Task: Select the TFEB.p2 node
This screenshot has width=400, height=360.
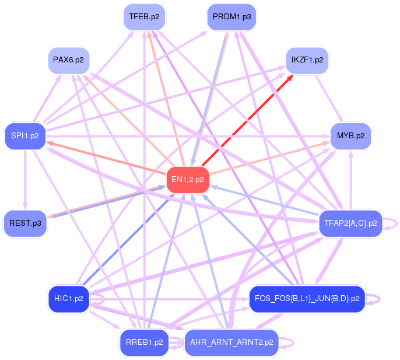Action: (x=144, y=17)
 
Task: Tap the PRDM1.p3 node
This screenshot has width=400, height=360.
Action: (x=231, y=17)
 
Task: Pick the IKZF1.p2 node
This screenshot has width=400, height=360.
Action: (x=307, y=60)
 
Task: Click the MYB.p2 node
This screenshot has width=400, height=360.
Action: (x=350, y=136)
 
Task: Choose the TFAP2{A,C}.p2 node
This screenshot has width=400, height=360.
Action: (x=350, y=223)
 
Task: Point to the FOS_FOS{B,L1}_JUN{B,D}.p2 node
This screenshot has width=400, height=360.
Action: (x=307, y=299)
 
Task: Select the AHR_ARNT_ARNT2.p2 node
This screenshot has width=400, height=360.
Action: (x=231, y=342)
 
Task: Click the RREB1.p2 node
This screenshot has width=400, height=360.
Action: (x=144, y=342)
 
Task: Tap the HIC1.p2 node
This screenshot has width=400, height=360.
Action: (x=68, y=299)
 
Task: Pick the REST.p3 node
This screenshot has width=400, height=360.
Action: (x=24, y=223)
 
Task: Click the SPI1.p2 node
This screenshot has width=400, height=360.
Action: (x=24, y=136)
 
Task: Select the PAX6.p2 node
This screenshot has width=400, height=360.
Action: (x=68, y=60)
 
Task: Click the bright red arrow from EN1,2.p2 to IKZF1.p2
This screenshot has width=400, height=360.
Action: (x=248, y=120)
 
